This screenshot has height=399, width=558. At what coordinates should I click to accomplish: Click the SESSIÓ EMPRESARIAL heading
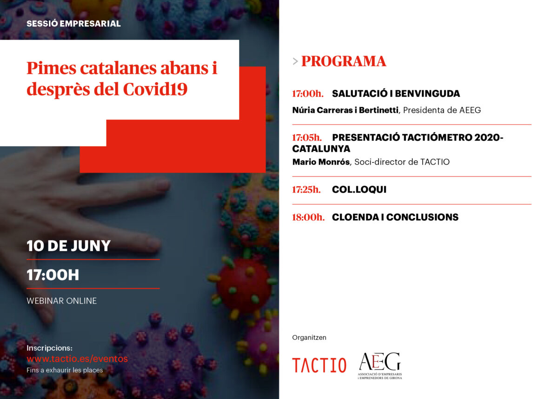73,24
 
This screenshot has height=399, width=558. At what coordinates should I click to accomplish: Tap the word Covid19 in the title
155,89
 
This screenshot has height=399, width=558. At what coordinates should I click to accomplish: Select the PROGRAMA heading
344,61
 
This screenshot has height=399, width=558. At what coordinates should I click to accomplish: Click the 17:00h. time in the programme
308,94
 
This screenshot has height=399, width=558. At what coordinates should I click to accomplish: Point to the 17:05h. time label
307,137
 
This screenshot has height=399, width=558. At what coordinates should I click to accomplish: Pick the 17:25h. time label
306,190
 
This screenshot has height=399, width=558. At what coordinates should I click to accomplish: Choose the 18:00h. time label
308,217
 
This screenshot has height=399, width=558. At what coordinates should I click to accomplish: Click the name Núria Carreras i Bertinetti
345,110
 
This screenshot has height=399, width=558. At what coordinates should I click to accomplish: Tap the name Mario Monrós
321,162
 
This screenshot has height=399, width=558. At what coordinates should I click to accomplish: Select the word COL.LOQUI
359,190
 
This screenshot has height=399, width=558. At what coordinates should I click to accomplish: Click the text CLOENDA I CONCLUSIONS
395,217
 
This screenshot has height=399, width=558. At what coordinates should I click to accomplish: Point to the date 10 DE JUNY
68,246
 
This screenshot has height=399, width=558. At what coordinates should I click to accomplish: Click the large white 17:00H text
53,275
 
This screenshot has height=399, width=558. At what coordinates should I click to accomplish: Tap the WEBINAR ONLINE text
61,301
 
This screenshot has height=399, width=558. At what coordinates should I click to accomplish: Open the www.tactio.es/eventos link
77,359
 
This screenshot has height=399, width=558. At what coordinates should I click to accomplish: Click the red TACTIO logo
319,365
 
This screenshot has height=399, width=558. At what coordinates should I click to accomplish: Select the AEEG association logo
380,365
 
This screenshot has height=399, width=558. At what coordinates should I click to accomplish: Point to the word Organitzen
309,338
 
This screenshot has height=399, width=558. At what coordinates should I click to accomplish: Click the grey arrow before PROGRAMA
295,61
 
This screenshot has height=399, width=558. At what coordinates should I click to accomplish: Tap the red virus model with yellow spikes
243,287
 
